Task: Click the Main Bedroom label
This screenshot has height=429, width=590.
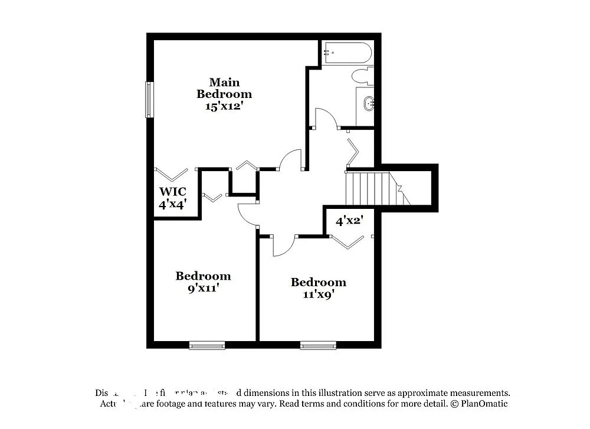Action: click(x=224, y=88)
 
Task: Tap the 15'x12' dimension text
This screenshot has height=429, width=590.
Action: click(x=224, y=106)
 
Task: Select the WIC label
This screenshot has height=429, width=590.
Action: click(x=173, y=192)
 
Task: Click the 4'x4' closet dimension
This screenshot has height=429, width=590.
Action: click(x=173, y=205)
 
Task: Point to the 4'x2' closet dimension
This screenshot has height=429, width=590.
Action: click(x=349, y=221)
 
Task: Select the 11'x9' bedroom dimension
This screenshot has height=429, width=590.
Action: click(x=318, y=294)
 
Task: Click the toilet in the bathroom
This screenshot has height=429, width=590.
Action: click(x=361, y=76)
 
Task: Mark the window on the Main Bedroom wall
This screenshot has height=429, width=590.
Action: click(x=149, y=100)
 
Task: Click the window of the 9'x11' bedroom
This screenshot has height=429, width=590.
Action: click(x=207, y=345)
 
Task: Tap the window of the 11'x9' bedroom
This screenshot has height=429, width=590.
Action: click(x=318, y=345)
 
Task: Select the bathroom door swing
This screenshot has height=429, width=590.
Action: click(x=325, y=118)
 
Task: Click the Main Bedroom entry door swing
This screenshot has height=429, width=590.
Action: click(x=290, y=159)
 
